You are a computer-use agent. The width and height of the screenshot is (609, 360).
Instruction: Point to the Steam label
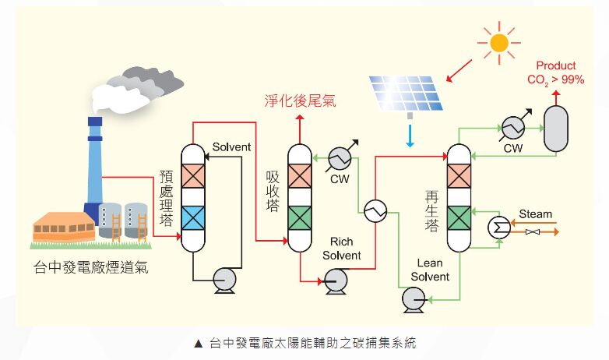click(x=535, y=214)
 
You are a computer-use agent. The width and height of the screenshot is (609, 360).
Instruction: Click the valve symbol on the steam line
click(x=533, y=233)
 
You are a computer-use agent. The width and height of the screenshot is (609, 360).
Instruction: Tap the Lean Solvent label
click(x=430, y=270)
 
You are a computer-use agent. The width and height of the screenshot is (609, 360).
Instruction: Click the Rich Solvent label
click(x=341, y=249)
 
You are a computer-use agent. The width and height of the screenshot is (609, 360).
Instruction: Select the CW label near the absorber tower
click(x=340, y=179)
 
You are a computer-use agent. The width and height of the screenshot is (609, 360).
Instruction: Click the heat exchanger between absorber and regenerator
click(x=375, y=209)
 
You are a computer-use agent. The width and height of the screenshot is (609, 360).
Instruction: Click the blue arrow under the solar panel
click(x=410, y=135)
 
